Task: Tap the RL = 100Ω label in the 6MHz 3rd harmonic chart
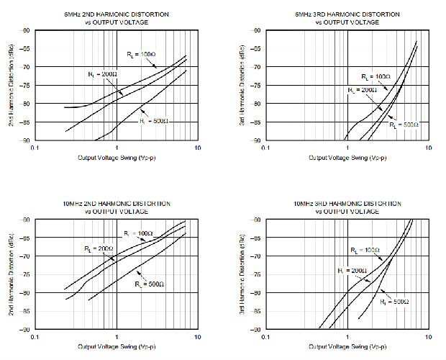375,76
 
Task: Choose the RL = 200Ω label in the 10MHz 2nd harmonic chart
89,248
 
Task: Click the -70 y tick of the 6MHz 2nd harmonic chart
27,67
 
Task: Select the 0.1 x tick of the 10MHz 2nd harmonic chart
35,336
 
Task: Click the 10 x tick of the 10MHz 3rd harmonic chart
429,336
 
